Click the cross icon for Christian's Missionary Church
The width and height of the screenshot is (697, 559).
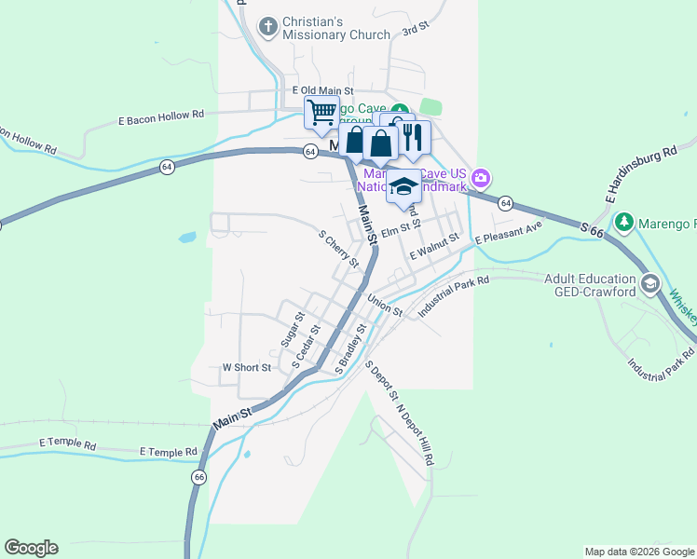pos(268,26)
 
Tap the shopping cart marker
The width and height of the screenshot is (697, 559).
pos(321,113)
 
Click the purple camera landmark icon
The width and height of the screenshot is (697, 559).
pos(481,177)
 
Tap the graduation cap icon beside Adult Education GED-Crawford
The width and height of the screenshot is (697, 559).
pos(649,283)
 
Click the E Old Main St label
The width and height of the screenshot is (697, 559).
pos(322,91)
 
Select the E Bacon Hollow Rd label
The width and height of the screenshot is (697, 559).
pos(160,117)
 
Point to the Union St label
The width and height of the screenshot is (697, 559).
pos(384,304)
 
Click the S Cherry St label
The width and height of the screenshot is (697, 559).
pos(338,249)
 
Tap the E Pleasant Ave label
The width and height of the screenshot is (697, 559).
pos(508,233)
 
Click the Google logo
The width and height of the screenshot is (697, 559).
pos(31,548)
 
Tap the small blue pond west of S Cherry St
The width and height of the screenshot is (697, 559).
pos(187,238)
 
